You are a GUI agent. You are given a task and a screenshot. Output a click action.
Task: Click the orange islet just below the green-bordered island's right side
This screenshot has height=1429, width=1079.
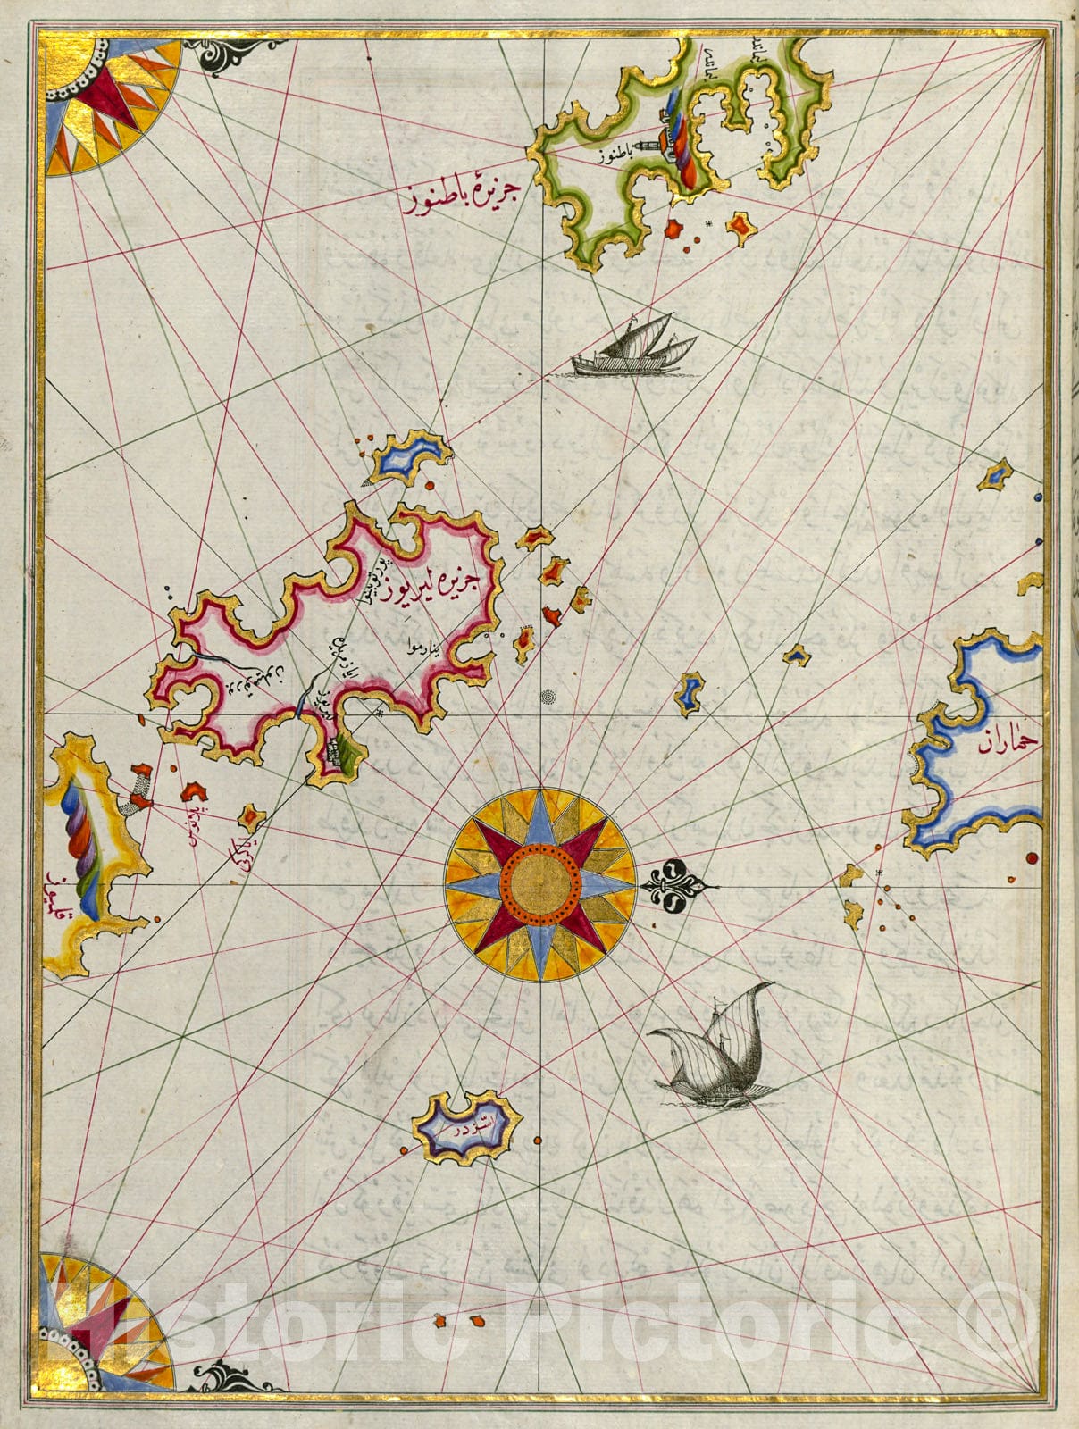coord(740,229)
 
